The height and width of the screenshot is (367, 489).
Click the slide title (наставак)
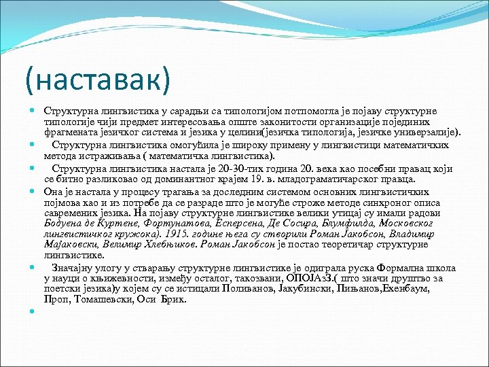[96, 80]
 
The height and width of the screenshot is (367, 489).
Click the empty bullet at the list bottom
[33, 311]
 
